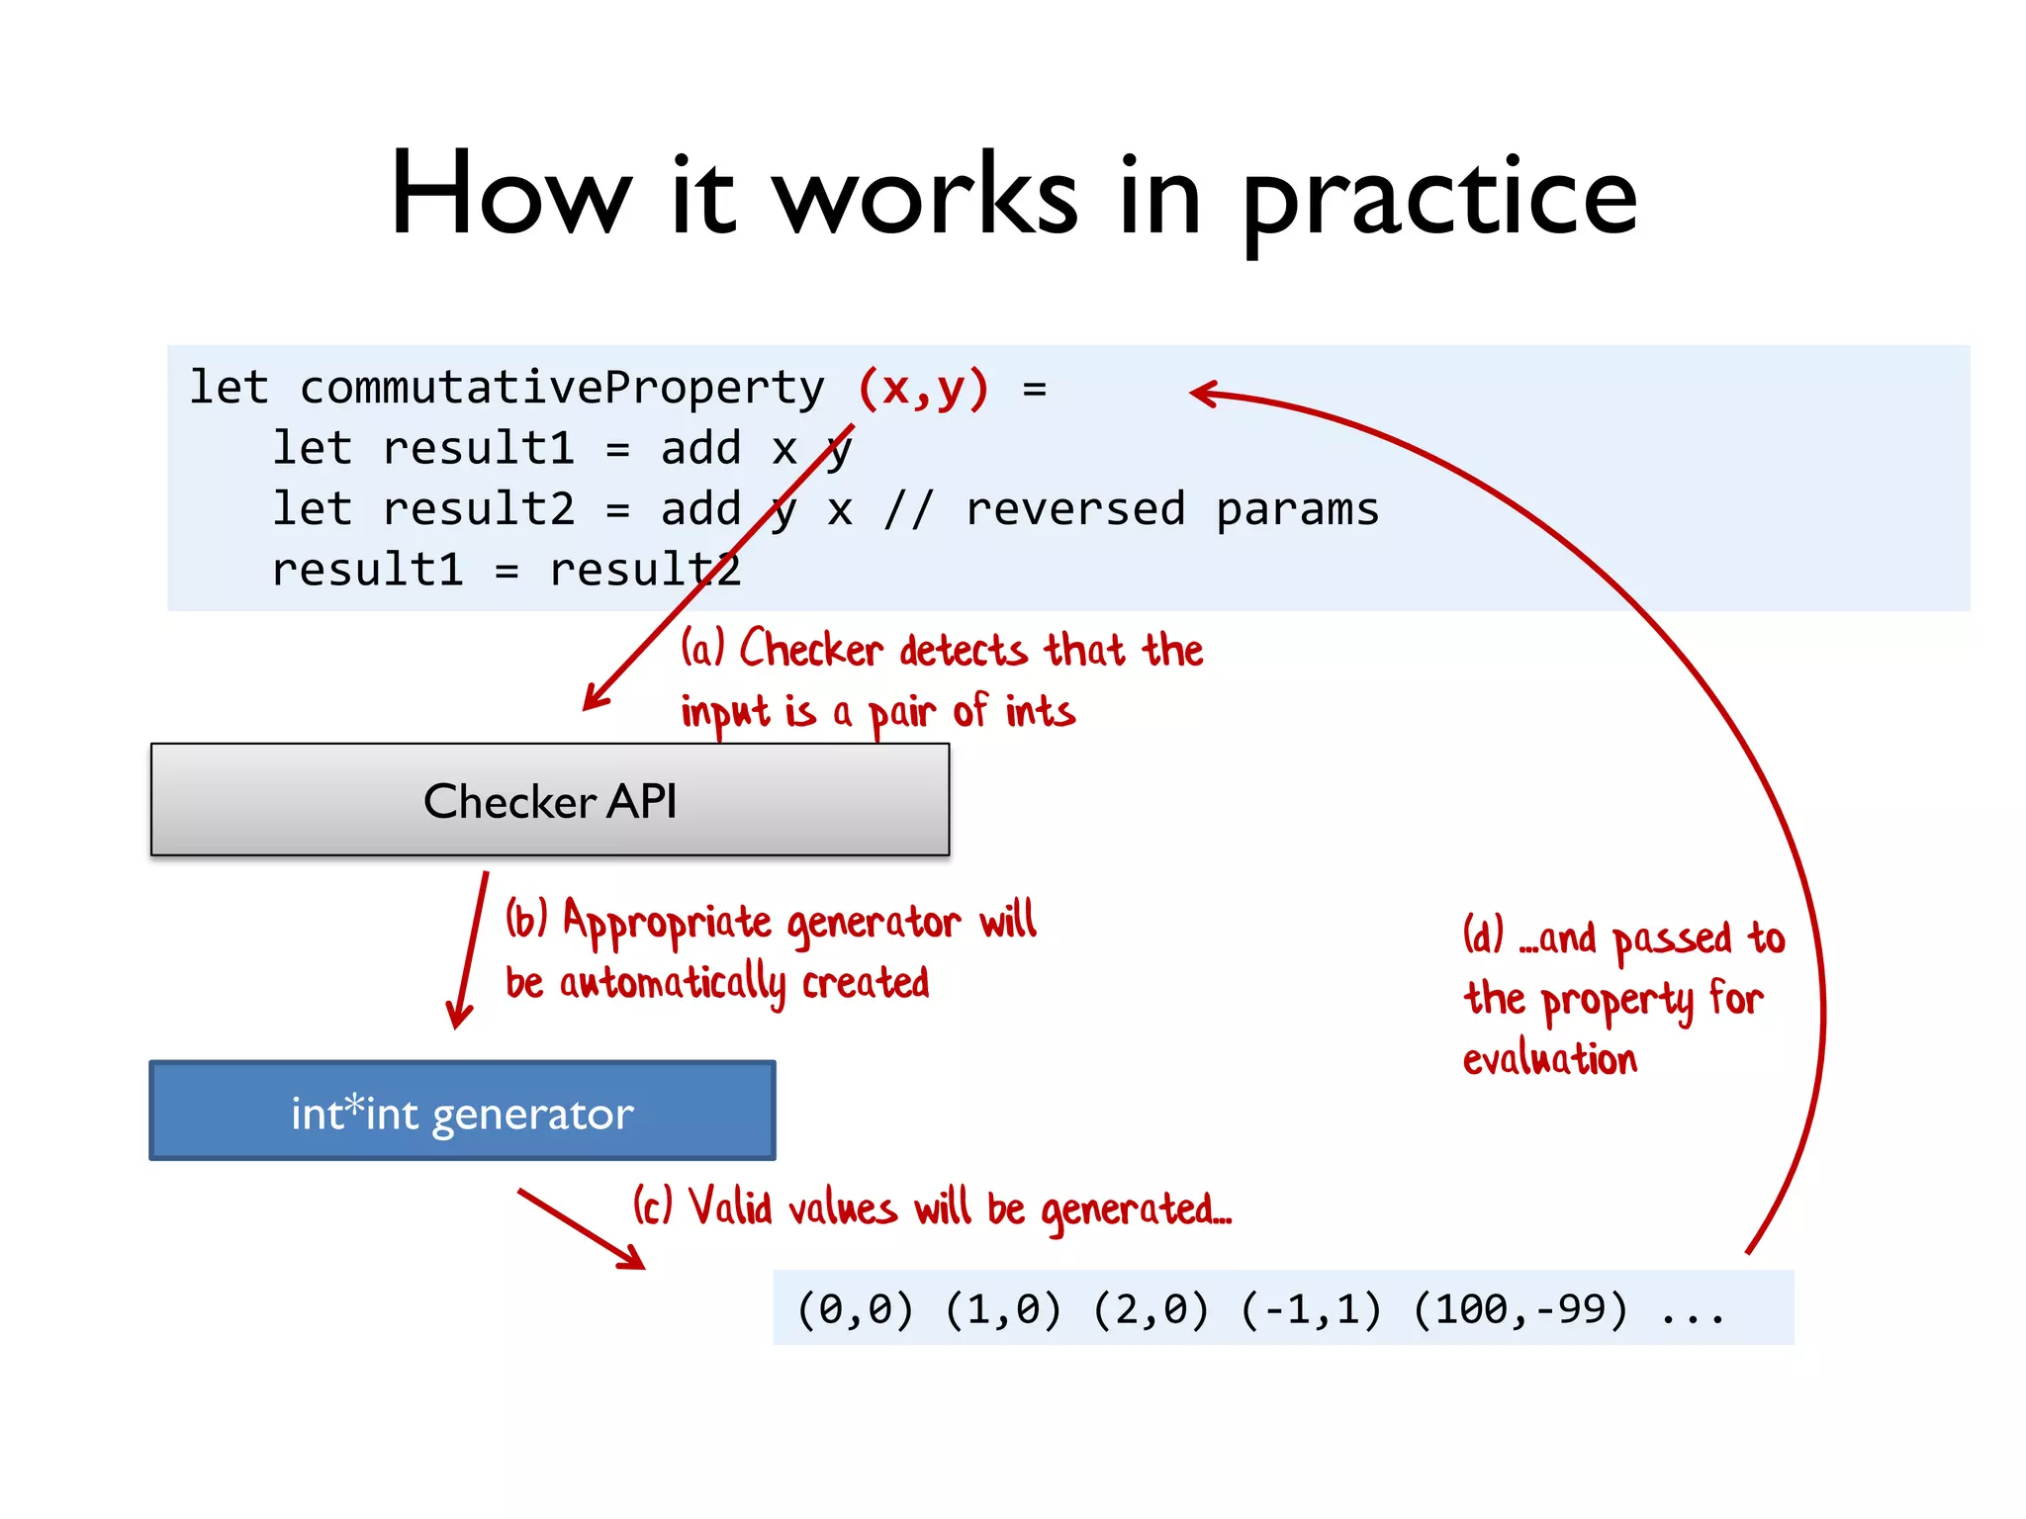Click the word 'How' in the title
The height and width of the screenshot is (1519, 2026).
(x=510, y=194)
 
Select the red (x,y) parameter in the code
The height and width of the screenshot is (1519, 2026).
(x=923, y=388)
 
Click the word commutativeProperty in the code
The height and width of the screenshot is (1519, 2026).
(x=562, y=388)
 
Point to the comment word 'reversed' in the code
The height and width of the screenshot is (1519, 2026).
(x=1075, y=509)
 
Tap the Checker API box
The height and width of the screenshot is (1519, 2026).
(x=550, y=800)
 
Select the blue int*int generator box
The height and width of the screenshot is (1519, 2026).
(x=462, y=1112)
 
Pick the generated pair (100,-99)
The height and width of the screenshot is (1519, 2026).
(x=1520, y=1309)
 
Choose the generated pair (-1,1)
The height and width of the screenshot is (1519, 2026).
(x=1311, y=1309)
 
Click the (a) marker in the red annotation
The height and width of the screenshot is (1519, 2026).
(x=703, y=649)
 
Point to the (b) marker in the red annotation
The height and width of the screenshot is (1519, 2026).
(x=526, y=919)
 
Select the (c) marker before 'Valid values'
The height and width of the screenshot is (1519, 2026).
(x=653, y=1206)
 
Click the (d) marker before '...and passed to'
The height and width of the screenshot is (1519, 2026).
(x=1483, y=935)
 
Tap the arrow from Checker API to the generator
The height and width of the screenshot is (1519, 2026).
(x=470, y=949)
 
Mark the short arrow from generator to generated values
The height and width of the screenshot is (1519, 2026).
(x=582, y=1229)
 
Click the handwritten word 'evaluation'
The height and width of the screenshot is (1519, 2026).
(x=1550, y=1059)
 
